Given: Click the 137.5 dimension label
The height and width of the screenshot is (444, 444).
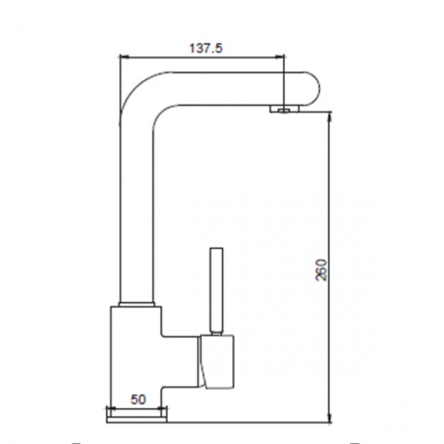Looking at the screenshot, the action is click(x=206, y=48).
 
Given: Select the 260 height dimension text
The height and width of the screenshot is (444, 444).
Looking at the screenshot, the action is click(x=321, y=270).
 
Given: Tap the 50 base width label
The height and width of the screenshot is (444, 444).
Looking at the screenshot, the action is click(x=138, y=400).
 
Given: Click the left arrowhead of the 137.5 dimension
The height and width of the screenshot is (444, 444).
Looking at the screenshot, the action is click(x=124, y=57).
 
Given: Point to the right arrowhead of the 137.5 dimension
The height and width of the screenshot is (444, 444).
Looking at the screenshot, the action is click(x=279, y=57).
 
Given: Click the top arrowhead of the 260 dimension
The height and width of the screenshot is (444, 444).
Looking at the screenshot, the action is click(x=329, y=117).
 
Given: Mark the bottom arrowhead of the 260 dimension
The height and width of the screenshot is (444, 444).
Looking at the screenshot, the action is click(x=329, y=417).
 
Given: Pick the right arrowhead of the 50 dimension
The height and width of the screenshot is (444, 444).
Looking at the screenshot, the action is click(x=163, y=408).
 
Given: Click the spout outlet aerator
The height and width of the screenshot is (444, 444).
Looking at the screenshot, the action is click(x=284, y=109).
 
